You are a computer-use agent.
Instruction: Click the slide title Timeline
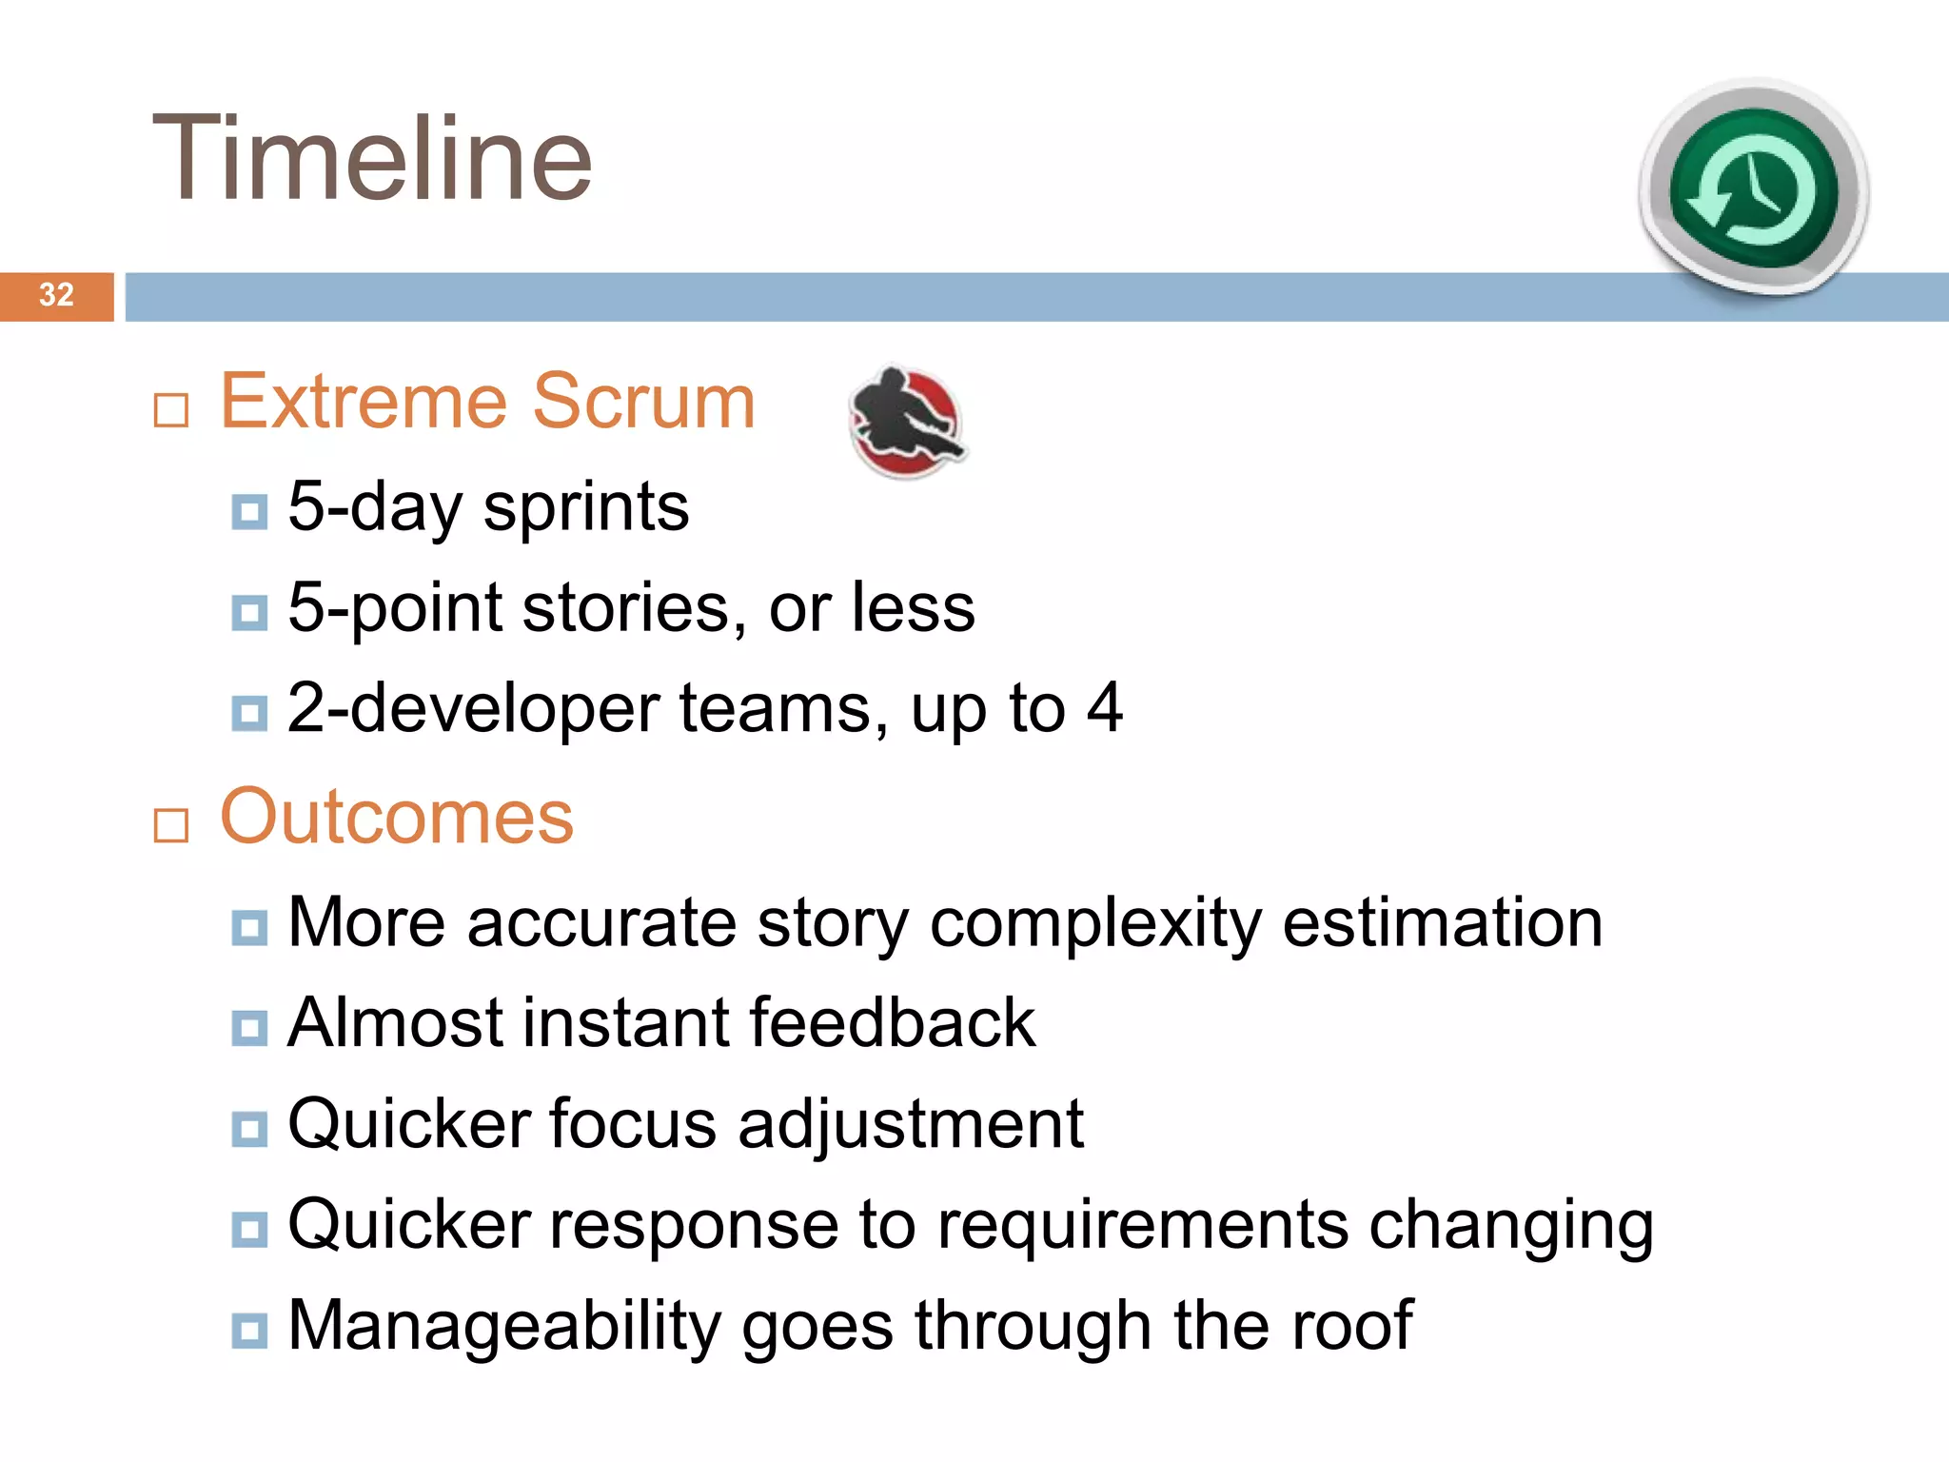point(372,159)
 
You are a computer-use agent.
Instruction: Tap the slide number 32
point(56,295)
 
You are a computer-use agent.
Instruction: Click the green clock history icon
point(1753,189)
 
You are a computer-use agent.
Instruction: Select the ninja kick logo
point(906,422)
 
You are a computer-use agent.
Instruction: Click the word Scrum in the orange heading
point(643,402)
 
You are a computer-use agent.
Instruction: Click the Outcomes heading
point(396,817)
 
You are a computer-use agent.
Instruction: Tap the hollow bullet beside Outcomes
point(171,825)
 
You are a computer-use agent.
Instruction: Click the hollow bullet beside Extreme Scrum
point(171,411)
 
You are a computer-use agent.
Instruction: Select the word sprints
point(585,508)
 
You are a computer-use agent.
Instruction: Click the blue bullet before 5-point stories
point(249,613)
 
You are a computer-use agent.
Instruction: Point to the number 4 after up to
point(1104,707)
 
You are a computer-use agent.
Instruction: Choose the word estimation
point(1442,922)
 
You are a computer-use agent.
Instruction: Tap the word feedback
point(892,1022)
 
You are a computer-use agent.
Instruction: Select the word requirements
point(1142,1226)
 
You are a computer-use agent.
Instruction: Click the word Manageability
point(503,1327)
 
